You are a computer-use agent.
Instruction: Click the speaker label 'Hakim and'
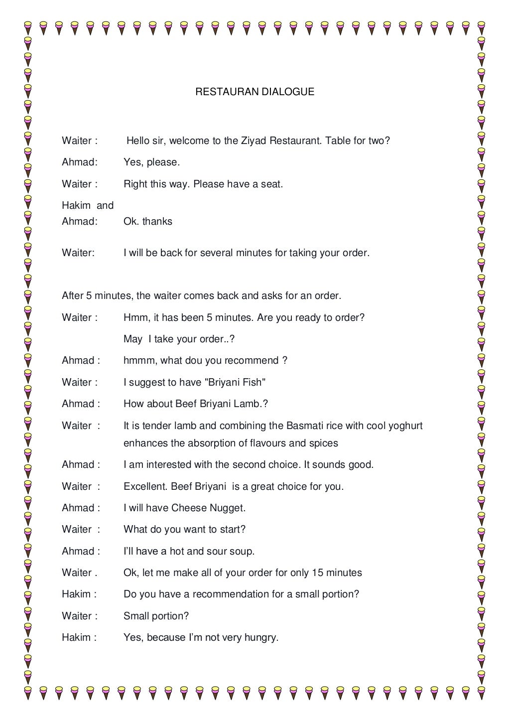click(88, 206)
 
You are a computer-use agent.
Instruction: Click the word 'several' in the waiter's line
click(216, 253)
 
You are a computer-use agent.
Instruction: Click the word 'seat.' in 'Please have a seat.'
click(271, 184)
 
